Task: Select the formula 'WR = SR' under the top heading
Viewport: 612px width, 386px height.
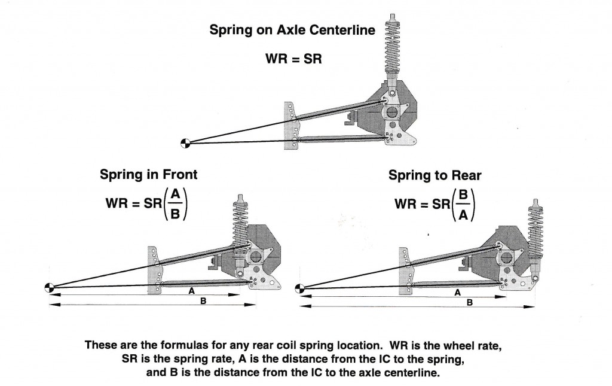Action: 293,59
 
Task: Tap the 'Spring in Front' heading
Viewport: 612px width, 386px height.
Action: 149,175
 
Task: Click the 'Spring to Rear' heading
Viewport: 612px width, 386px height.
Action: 435,175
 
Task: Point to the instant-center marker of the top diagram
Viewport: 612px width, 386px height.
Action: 186,142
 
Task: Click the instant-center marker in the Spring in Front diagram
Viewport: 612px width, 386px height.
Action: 49,288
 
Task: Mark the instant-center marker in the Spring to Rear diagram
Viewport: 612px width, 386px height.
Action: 300,288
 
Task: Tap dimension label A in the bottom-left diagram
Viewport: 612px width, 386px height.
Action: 191,290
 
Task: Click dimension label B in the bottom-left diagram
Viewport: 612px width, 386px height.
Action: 203,301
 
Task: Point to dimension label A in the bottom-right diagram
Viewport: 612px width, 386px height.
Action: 457,293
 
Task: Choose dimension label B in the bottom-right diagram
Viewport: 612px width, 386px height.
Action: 469,303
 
